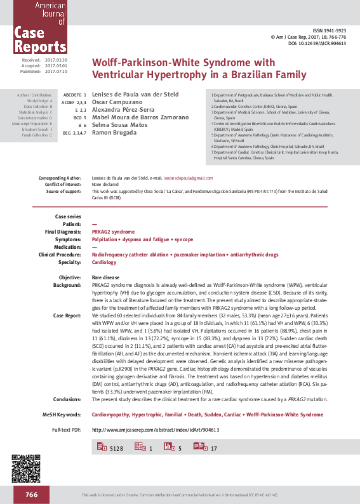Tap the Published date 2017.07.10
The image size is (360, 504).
tap(56, 72)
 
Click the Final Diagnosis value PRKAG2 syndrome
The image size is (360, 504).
tap(113, 232)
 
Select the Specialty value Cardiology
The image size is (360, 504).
tap(104, 262)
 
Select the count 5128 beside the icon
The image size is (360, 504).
tap(116, 449)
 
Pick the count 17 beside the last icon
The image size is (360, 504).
tap(213, 449)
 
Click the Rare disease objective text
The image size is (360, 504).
tap(105, 278)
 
